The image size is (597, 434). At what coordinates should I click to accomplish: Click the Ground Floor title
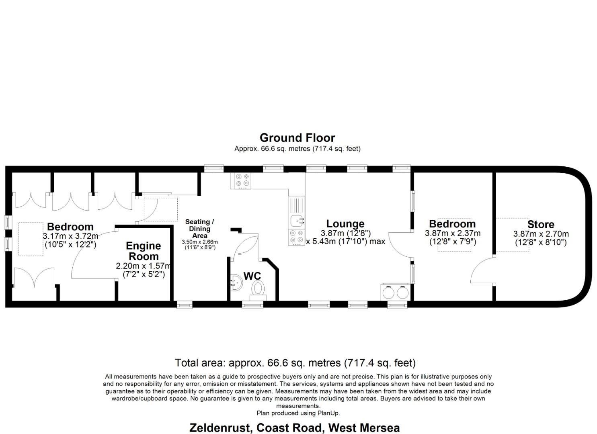point(297,138)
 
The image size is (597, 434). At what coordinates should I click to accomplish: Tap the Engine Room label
point(143,251)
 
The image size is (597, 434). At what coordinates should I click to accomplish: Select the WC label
point(252,276)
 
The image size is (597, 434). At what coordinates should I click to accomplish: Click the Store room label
point(541,224)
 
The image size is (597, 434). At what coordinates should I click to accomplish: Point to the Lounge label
point(345,223)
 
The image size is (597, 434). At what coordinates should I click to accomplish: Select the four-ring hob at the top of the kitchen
point(242,180)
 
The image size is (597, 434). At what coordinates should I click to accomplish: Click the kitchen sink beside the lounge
point(296,220)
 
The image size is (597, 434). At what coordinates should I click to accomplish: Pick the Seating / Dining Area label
point(199,228)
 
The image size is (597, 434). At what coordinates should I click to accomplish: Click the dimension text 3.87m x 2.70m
point(541,234)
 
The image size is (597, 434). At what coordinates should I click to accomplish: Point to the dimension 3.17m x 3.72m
point(70,236)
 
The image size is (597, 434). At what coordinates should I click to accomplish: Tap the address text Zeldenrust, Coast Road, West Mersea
point(294,428)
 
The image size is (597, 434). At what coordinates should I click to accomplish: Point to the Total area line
point(295,363)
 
